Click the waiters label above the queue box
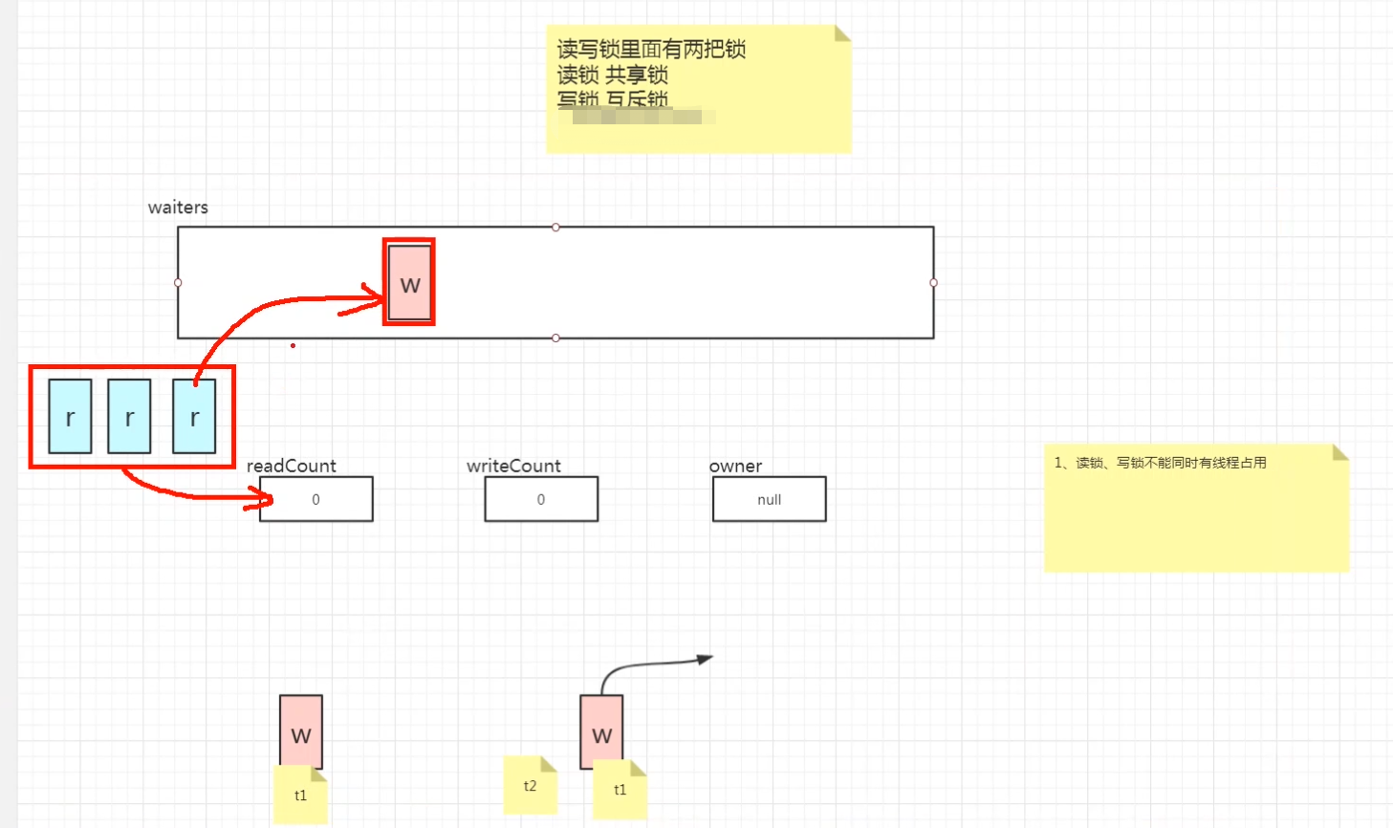pyautogui.click(x=178, y=207)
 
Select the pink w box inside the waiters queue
pyautogui.click(x=409, y=283)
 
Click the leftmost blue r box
pyautogui.click(x=70, y=416)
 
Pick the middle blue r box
pyautogui.click(x=129, y=416)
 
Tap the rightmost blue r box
pyautogui.click(x=194, y=416)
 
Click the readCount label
pyautogui.click(x=292, y=466)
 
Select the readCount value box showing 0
pyautogui.click(x=316, y=499)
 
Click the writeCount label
pyautogui.click(x=513, y=466)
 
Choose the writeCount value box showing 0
pyautogui.click(x=541, y=499)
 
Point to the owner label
pyautogui.click(x=735, y=466)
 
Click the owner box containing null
pyautogui.click(x=769, y=499)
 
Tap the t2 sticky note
pyautogui.click(x=530, y=785)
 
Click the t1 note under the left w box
pyautogui.click(x=300, y=795)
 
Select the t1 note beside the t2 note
pyautogui.click(x=620, y=790)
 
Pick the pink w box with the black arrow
pyautogui.click(x=601, y=730)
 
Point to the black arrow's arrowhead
pyautogui.click(x=706, y=659)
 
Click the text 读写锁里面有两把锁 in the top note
pyautogui.click(x=651, y=49)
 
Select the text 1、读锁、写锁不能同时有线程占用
pyautogui.click(x=1160, y=463)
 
